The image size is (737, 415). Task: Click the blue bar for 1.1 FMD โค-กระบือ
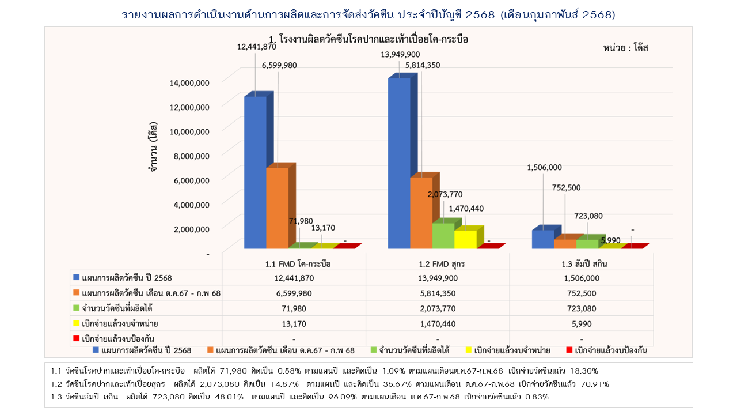(x=255, y=173)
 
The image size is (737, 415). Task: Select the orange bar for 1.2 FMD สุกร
(x=421, y=213)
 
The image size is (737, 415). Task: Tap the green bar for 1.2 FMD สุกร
(x=443, y=236)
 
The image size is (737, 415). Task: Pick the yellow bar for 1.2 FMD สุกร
(x=465, y=239)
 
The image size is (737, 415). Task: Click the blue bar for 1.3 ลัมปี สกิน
(x=542, y=239)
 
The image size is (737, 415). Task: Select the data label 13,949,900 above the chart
(x=400, y=55)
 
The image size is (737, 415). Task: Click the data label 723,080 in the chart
(x=588, y=216)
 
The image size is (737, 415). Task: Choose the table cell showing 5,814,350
(x=438, y=293)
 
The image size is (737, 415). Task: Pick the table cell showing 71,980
(x=294, y=308)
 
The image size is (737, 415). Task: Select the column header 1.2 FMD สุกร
(x=438, y=264)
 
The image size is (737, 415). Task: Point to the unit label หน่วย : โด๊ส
(x=626, y=48)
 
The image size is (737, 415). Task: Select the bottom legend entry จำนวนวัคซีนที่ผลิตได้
(x=413, y=350)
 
